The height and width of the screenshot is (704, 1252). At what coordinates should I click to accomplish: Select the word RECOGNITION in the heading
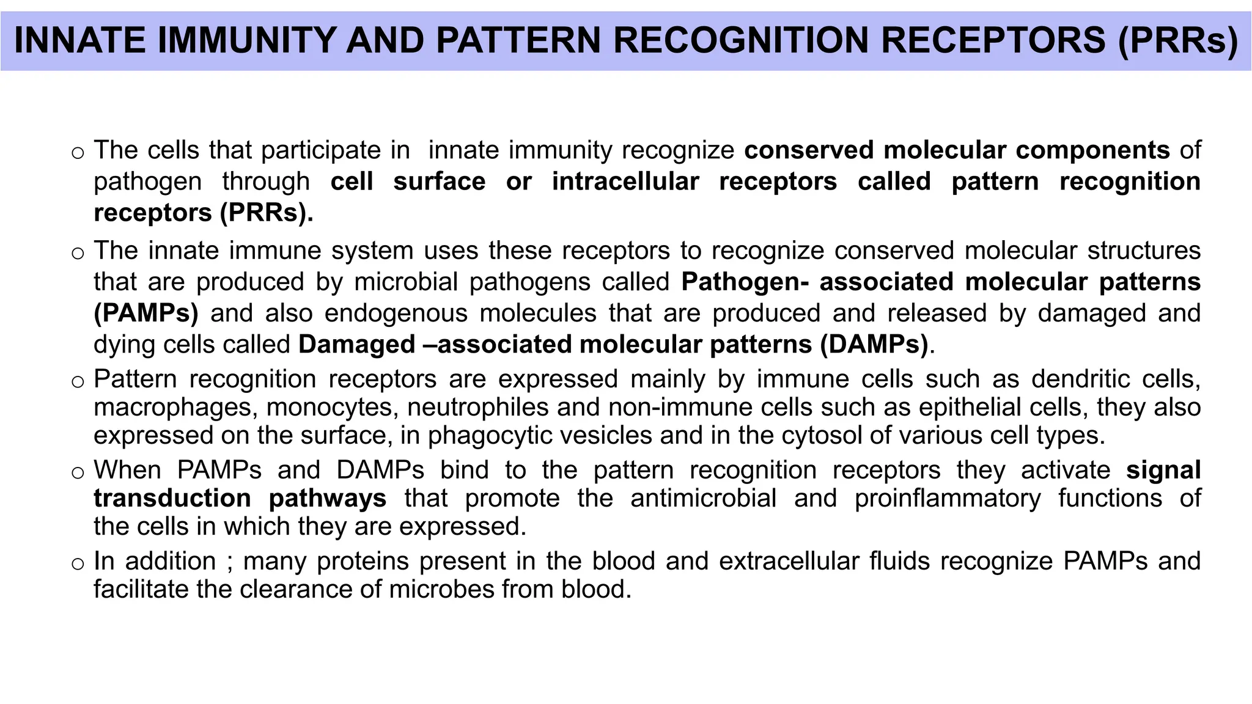(742, 40)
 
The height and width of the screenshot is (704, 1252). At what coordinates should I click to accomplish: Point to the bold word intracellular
(625, 182)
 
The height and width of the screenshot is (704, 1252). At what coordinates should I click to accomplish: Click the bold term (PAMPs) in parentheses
(146, 313)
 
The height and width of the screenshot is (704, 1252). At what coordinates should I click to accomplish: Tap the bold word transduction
(172, 499)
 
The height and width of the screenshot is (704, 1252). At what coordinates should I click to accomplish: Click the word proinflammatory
(948, 499)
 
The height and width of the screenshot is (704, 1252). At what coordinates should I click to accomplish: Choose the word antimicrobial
(704, 499)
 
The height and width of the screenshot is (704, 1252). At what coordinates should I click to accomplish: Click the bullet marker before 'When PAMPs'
(77, 473)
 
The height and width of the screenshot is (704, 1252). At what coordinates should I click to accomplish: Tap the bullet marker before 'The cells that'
(77, 153)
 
